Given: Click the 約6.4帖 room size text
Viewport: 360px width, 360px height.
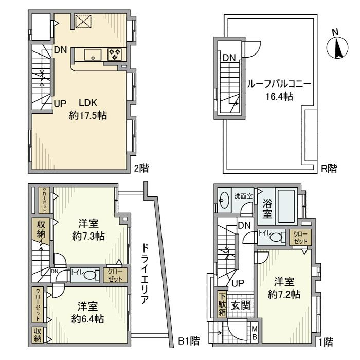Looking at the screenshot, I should tap(88, 319).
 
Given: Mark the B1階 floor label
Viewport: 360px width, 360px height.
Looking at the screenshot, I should tap(188, 340).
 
